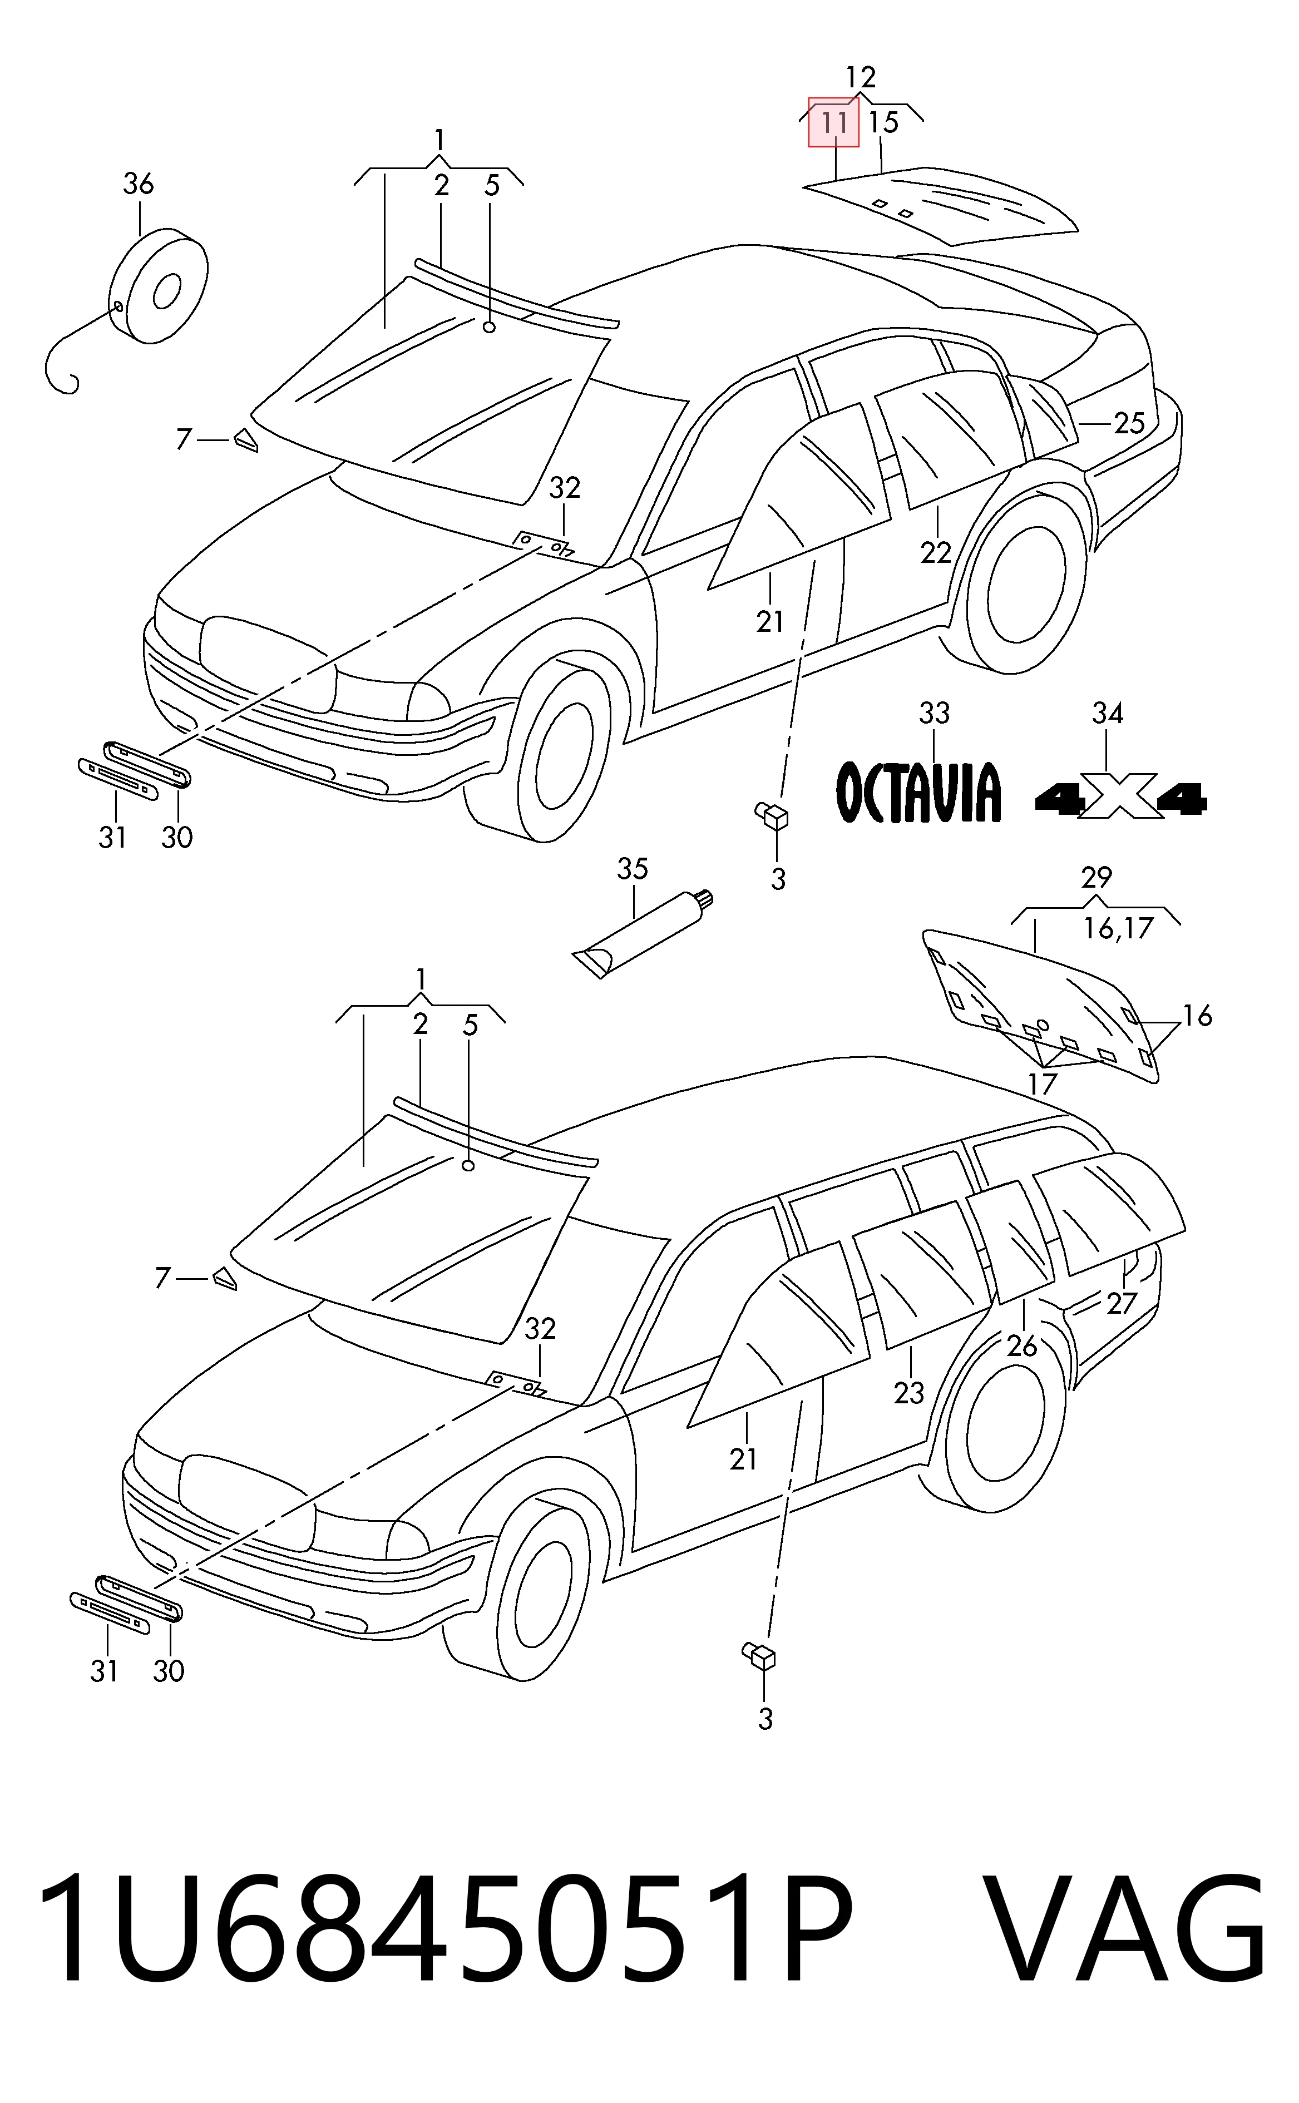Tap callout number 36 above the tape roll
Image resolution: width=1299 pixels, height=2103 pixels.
point(139,184)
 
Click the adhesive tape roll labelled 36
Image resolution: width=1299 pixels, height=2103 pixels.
point(160,286)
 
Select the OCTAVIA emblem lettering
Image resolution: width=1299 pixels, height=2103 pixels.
point(919,791)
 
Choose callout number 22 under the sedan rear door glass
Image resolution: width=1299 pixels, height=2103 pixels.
point(936,552)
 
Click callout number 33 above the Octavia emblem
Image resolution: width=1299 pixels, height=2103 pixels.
point(935,712)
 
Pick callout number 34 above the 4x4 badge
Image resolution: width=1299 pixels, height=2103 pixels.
point(1108,712)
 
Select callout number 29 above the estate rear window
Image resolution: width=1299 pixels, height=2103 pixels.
point(1097,878)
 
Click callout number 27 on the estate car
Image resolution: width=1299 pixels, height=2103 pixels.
point(1121,1304)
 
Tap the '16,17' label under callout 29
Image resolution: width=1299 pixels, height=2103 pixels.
point(1118,928)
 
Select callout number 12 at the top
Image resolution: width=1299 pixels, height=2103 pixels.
point(860,78)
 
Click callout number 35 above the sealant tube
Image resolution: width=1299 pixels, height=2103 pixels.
point(633,869)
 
